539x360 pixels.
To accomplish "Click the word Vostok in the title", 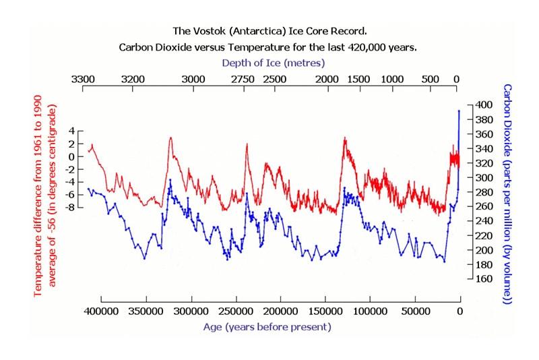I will [x=224, y=31].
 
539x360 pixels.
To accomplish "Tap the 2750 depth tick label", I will [x=243, y=80].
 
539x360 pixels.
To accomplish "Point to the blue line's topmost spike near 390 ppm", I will [x=459, y=111].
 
